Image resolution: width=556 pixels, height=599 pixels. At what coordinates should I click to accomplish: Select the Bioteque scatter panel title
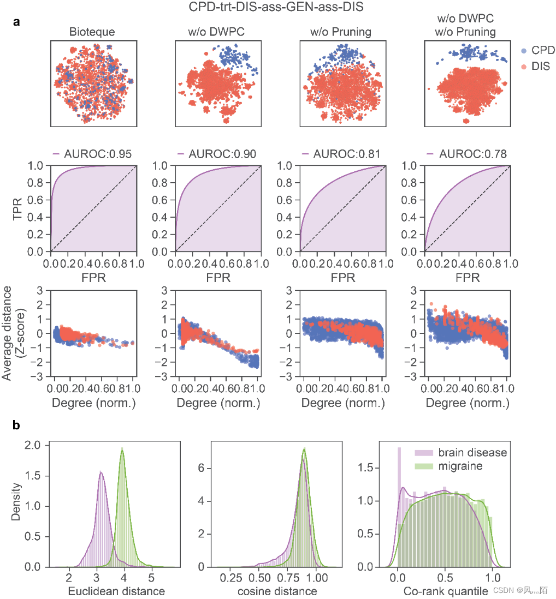pyautogui.click(x=92, y=32)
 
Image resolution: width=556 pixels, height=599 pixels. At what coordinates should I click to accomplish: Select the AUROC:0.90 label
pyautogui.click(x=217, y=154)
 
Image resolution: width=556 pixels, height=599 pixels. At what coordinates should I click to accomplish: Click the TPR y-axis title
pyautogui.click(x=19, y=208)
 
